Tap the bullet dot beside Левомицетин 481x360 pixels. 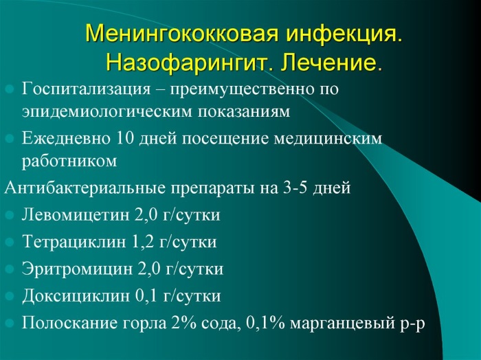click(x=10, y=216)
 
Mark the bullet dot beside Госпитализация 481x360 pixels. click(x=10, y=89)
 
